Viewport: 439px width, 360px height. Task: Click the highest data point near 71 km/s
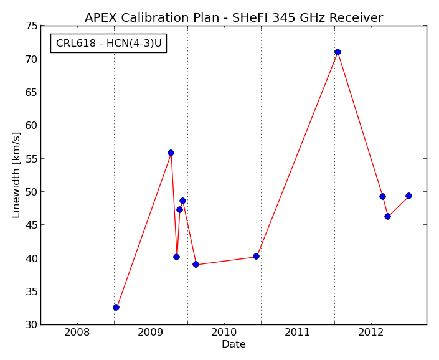(338, 52)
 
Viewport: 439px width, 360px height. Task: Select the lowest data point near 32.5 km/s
(116, 308)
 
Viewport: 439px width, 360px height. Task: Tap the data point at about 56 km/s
(171, 153)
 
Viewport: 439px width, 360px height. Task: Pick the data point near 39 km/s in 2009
(196, 264)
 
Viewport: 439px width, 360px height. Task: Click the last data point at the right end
(408, 196)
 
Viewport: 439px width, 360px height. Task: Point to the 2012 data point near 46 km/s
(387, 216)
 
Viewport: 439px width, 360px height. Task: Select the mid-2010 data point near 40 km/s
(256, 256)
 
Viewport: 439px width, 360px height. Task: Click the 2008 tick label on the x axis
(77, 333)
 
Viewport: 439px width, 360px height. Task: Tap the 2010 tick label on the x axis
(224, 333)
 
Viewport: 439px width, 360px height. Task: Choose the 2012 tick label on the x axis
(371, 333)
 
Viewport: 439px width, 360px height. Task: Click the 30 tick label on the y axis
(31, 324)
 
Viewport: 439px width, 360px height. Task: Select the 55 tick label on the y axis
(31, 159)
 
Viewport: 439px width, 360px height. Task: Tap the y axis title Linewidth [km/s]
(16, 175)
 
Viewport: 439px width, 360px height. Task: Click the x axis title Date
(234, 344)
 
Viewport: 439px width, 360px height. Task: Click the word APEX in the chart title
(101, 17)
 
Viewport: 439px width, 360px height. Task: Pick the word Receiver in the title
(356, 17)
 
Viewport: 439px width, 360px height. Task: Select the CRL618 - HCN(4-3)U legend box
(108, 43)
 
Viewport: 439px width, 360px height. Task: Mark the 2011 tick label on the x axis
(297, 333)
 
